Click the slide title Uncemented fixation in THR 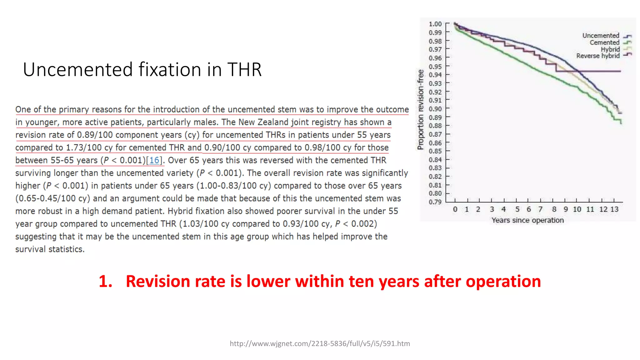point(142,69)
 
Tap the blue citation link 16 point(154,160)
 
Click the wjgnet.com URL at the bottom point(320,343)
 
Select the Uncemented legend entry point(601,36)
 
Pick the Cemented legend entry point(604,42)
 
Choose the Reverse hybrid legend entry point(598,56)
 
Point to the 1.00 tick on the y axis point(435,24)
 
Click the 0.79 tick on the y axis point(435,202)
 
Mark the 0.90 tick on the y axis point(435,109)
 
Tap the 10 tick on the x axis point(577,209)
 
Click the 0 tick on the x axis point(455,209)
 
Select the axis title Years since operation point(527,220)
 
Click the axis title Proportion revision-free point(421,109)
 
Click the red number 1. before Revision point(105,281)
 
